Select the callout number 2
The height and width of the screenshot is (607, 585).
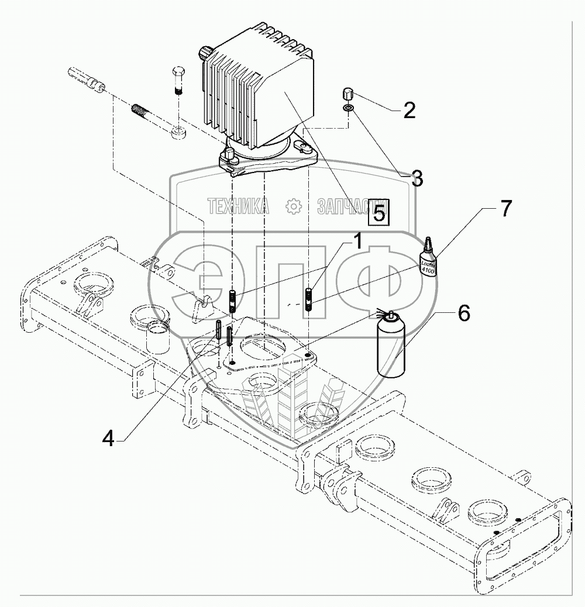[x=409, y=109]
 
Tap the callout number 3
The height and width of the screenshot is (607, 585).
[x=416, y=179]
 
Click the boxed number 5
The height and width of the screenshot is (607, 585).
[x=379, y=213]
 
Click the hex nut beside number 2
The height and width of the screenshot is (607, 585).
[x=346, y=94]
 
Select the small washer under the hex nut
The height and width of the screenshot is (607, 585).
[x=348, y=108]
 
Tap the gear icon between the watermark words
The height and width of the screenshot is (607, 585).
[x=291, y=206]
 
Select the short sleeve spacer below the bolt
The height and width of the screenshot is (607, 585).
[x=179, y=132]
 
